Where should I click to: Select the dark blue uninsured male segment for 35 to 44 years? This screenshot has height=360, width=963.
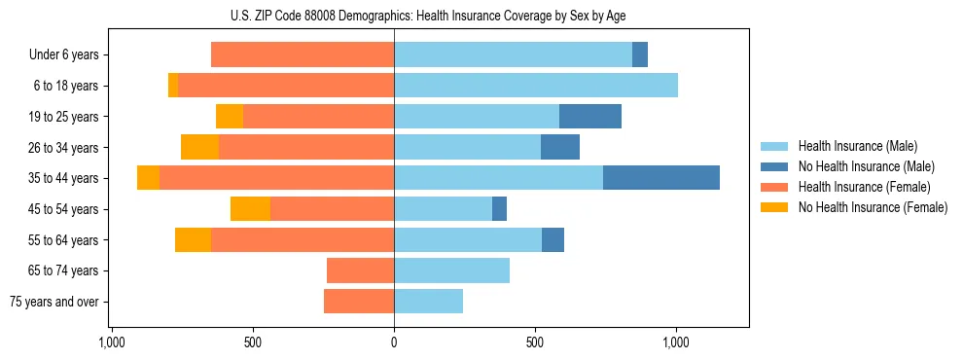pyautogui.click(x=661, y=178)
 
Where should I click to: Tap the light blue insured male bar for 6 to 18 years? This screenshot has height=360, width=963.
pyautogui.click(x=536, y=86)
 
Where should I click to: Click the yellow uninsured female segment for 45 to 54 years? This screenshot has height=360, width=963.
pyautogui.click(x=250, y=209)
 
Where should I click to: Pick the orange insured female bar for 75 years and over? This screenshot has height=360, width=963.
pyautogui.click(x=359, y=302)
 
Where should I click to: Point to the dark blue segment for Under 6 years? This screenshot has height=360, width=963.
pyautogui.click(x=640, y=54)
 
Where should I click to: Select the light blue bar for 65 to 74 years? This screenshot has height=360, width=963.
pyautogui.click(x=451, y=270)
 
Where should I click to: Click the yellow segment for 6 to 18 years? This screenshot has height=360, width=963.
pyautogui.click(x=173, y=86)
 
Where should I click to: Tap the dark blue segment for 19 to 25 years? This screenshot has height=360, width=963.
pyautogui.click(x=590, y=117)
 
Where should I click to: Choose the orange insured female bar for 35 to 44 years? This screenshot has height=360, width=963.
pyautogui.click(x=276, y=178)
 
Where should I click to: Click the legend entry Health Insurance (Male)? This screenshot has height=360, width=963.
pyautogui.click(x=858, y=147)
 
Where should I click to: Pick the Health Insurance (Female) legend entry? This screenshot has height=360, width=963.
pyautogui.click(x=864, y=187)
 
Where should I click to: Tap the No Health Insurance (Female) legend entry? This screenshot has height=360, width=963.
pyautogui.click(x=873, y=207)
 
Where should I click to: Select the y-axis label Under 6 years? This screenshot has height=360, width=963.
pyautogui.click(x=63, y=55)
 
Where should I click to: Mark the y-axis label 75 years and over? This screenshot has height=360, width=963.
pyautogui.click(x=54, y=302)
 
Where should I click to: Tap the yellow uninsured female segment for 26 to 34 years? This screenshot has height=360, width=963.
pyautogui.click(x=199, y=147)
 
